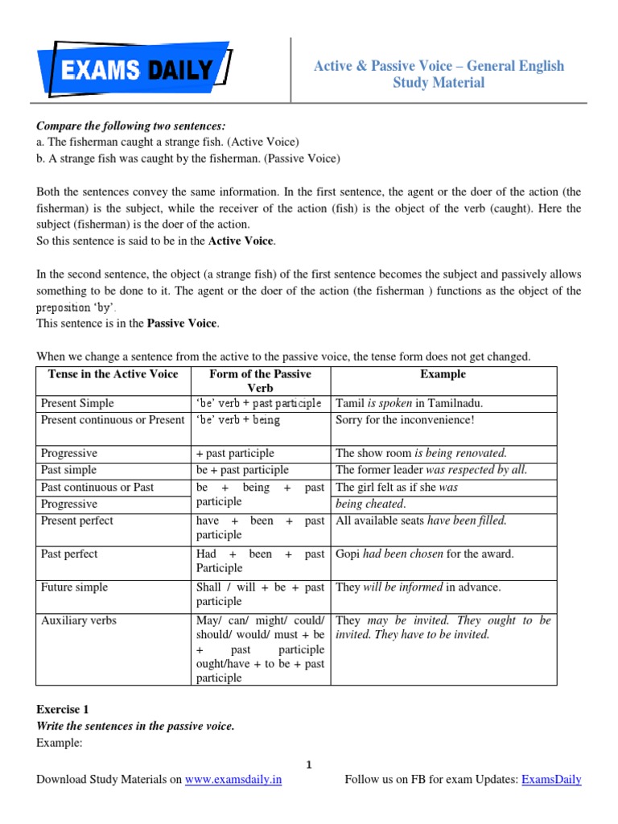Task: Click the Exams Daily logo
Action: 134,70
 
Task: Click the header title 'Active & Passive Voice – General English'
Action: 439,66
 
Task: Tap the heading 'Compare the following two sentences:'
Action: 131,126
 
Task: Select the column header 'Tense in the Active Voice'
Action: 113,374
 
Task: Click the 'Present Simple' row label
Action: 77,403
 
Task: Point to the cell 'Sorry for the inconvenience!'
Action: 405,420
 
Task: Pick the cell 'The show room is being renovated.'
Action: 421,453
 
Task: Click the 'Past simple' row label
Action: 68,470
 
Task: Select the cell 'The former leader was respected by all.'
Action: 431,470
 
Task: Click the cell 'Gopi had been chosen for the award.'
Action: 424,554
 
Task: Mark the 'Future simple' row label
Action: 74,587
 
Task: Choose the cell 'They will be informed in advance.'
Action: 418,587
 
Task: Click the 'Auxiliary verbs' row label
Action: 77,621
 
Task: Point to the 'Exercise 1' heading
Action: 63,710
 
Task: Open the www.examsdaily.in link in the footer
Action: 233,780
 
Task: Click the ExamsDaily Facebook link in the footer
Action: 551,780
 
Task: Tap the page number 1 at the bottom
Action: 310,764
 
